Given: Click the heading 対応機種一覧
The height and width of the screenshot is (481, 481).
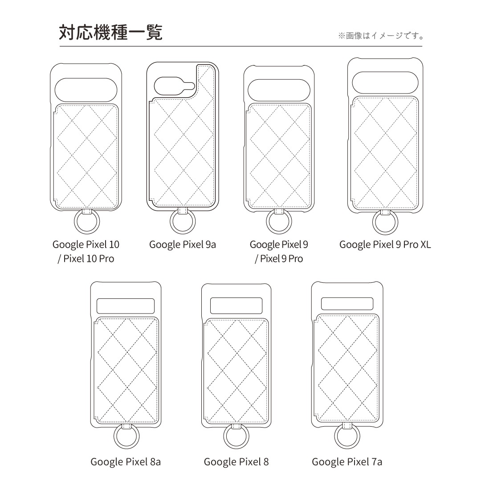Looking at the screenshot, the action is [110, 33].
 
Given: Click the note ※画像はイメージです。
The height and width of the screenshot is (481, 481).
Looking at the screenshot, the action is [381, 36].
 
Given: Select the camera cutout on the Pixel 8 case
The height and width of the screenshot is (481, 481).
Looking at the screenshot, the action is [236, 306].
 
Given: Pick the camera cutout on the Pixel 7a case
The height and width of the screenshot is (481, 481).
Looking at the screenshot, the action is [347, 304].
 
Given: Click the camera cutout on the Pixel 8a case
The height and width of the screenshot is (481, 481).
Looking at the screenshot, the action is [126, 306].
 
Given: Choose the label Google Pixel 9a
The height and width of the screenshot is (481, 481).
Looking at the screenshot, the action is [183, 245].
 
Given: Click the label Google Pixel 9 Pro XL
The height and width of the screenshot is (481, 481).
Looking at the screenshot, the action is [385, 245].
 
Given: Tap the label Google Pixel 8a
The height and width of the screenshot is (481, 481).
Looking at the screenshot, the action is [126, 462].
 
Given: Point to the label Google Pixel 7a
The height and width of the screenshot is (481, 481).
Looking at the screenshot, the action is [347, 462].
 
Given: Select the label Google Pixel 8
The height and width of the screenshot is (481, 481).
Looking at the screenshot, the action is [236, 462].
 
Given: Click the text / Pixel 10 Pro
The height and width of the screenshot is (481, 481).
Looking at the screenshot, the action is [86, 259].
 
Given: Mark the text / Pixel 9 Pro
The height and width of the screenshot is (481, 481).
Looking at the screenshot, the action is [279, 259].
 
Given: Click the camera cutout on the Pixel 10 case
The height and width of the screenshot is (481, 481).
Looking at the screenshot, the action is [86, 90].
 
